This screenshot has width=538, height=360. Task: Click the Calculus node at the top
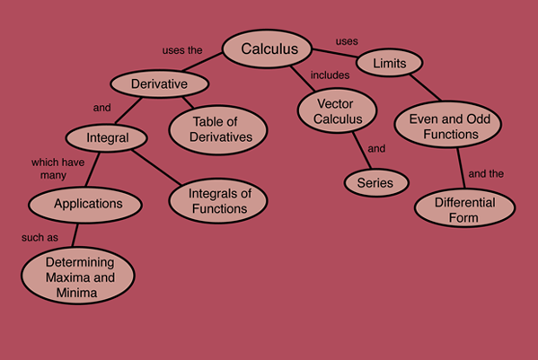pyautogui.click(x=268, y=48)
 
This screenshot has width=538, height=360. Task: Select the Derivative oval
pyautogui.click(x=160, y=83)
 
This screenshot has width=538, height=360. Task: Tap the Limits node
pyautogui.click(x=390, y=63)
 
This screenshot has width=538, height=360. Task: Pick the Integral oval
pyautogui.click(x=107, y=138)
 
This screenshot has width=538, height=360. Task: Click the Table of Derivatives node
pyautogui.click(x=218, y=130)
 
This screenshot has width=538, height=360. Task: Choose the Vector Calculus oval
pyautogui.click(x=338, y=110)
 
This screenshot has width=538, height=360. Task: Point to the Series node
pyautogui.click(x=376, y=183)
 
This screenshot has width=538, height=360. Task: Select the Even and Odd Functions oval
pyautogui.click(x=448, y=125)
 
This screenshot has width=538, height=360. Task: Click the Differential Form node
pyautogui.click(x=465, y=207)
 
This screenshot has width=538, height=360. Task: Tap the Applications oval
pyautogui.click(x=85, y=205)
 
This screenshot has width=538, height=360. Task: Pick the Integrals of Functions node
pyautogui.click(x=218, y=200)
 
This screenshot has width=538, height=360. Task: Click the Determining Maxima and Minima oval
pyautogui.click(x=78, y=276)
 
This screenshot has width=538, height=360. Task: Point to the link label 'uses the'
pyautogui.click(x=182, y=50)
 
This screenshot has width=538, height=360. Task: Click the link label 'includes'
pyautogui.click(x=330, y=75)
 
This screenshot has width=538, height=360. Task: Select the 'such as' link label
pyautogui.click(x=40, y=237)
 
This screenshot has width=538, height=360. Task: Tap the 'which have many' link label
pyautogui.click(x=57, y=169)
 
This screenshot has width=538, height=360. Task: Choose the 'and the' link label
pyautogui.click(x=486, y=174)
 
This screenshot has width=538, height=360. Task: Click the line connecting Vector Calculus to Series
pyautogui.click(x=362, y=151)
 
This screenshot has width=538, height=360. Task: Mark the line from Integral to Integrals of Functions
pyautogui.click(x=156, y=168)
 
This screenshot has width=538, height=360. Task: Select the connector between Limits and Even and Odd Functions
pyautogui.click(x=425, y=87)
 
